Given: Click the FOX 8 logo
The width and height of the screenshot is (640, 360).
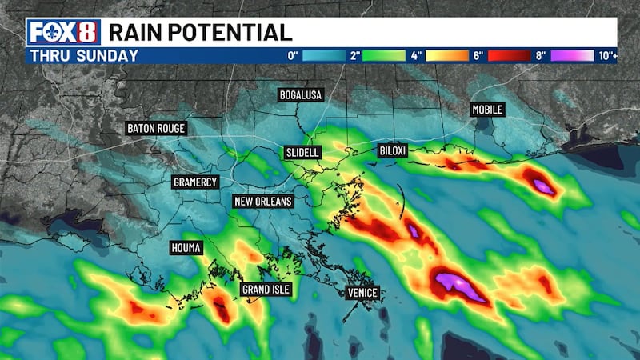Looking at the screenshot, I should point(64,32).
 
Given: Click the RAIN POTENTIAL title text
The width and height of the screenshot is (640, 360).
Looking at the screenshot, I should point(200,32).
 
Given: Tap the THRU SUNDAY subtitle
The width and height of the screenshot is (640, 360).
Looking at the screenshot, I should point(84,56).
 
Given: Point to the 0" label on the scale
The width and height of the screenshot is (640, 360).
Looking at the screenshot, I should point(293,56).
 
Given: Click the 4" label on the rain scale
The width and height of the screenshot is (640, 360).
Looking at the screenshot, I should point(417,56).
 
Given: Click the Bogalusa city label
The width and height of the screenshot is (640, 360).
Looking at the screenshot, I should point(301,95).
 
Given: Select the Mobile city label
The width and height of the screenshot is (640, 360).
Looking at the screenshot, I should point(488,110).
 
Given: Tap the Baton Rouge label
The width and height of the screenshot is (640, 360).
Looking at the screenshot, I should point(156,128).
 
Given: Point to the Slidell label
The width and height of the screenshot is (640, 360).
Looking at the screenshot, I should point(302,152).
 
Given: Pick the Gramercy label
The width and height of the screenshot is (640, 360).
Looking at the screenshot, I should point(195,182).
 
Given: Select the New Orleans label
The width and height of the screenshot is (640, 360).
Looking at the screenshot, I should point(262,201).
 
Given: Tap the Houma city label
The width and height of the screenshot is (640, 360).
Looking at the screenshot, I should point(185,248).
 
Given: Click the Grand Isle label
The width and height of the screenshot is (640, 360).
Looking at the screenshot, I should point(266,289).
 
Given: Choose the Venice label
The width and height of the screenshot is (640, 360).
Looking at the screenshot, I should point(362,293).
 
